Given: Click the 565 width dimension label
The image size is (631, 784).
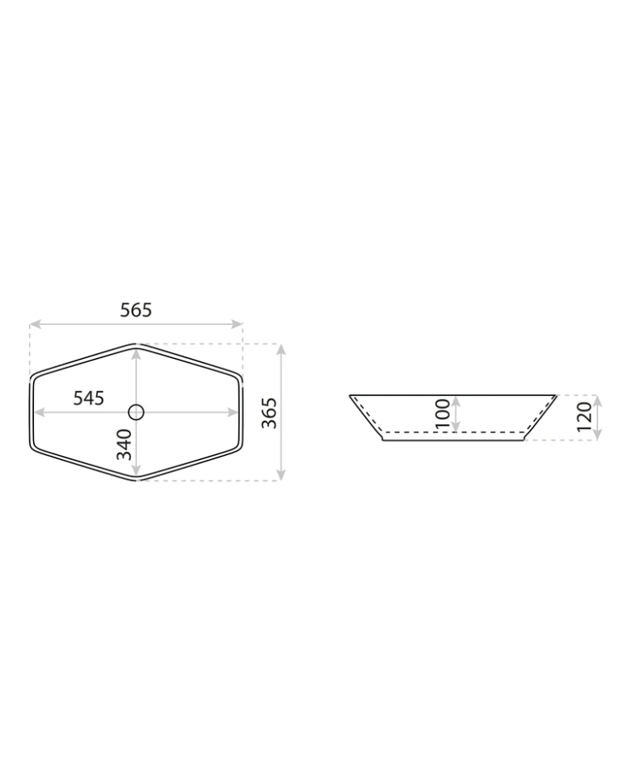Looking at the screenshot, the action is (136, 310).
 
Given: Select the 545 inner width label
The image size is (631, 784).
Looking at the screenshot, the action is (89, 398).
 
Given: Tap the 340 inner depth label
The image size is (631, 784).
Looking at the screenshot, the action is (124, 445).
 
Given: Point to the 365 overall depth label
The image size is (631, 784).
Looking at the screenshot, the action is (269, 412).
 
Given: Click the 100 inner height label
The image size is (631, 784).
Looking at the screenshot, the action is (443, 414).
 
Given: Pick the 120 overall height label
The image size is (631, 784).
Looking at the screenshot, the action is (584, 417).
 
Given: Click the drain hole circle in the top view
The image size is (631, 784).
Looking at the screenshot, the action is (136, 412).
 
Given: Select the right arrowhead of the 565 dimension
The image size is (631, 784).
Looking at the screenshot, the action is (237, 324).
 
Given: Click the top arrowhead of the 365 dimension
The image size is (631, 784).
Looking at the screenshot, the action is (281, 350).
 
